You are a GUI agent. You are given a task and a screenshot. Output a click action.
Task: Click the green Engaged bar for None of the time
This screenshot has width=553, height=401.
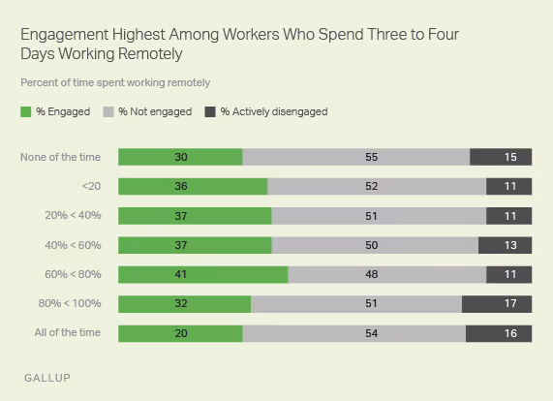(x=180, y=157)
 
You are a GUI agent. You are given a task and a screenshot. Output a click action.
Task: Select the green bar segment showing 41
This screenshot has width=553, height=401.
(x=202, y=274)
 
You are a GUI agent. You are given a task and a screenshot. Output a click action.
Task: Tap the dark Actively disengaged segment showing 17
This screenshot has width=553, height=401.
(x=497, y=304)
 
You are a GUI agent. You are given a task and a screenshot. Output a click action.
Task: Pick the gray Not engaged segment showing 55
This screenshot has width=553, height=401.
(x=355, y=157)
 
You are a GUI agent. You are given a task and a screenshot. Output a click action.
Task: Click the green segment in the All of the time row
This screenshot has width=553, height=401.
(x=180, y=333)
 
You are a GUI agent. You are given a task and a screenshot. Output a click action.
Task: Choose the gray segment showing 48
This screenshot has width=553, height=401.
(x=386, y=274)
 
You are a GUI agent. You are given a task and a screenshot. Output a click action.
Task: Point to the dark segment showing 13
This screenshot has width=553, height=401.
(x=505, y=245)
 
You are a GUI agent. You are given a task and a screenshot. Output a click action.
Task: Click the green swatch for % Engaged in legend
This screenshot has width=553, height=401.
(x=26, y=111)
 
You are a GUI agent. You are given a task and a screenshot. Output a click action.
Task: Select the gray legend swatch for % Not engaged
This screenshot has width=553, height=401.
(x=108, y=111)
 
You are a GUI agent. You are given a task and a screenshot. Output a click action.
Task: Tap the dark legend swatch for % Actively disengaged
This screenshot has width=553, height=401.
(x=210, y=111)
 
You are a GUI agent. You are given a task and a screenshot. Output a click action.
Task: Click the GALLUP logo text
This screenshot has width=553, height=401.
(x=46, y=376)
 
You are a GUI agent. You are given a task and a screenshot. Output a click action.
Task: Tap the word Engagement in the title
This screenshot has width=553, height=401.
(x=62, y=35)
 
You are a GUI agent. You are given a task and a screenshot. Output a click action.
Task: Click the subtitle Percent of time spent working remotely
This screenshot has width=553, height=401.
(x=115, y=82)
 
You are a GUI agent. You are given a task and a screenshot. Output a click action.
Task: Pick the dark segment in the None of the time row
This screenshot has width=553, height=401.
(x=501, y=157)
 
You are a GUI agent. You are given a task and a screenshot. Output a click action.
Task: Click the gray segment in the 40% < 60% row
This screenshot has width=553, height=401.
(x=375, y=245)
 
